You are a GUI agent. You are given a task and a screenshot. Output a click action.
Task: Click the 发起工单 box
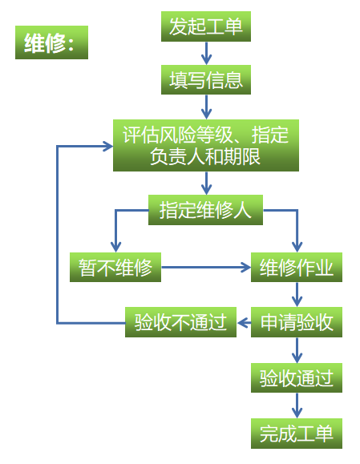click(x=206, y=26)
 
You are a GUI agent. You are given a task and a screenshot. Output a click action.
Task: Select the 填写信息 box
click(x=206, y=79)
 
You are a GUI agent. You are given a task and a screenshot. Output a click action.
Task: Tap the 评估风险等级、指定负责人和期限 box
click(x=206, y=145)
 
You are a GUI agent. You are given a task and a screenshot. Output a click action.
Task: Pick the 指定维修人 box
click(x=205, y=210)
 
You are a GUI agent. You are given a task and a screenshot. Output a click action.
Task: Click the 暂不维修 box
click(x=115, y=267)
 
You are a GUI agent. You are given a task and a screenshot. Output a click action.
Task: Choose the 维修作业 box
click(x=297, y=267)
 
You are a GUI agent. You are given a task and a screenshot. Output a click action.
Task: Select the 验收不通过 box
click(x=180, y=322)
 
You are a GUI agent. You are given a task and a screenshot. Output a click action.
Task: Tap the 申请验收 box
click(x=297, y=322)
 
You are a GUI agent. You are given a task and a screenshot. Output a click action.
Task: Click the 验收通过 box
click(x=297, y=378)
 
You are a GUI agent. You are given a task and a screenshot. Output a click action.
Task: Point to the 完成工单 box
click(x=297, y=434)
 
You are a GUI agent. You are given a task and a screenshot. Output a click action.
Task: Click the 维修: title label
click(x=51, y=42)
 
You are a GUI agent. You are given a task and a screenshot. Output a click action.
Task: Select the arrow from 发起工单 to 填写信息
click(x=206, y=53)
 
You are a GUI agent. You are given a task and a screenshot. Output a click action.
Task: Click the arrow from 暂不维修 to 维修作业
click(x=206, y=267)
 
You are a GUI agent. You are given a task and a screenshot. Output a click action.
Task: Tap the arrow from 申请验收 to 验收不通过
click(x=244, y=322)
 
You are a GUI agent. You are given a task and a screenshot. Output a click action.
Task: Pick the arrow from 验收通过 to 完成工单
click(x=297, y=405)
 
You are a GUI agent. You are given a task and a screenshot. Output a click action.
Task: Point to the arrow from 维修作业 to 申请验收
click(x=297, y=294)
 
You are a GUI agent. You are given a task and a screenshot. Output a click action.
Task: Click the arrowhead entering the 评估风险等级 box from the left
click(x=107, y=146)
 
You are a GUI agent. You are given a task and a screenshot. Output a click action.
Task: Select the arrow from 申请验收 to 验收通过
click(x=297, y=350)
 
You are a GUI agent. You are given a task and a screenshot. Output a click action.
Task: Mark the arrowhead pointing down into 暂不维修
click(x=115, y=247)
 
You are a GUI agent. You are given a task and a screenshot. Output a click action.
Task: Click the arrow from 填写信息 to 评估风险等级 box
click(x=206, y=107)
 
